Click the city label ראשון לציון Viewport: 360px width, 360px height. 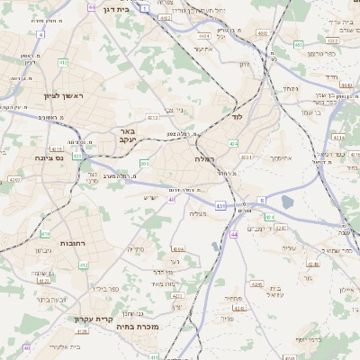pos(66,95)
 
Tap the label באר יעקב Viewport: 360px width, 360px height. pos(126,136)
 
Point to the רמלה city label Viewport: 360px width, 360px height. pos(204,157)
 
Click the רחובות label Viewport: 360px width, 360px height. pos(72,243)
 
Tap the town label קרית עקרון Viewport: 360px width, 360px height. pos(93,318)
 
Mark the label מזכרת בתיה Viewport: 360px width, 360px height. pos(138,327)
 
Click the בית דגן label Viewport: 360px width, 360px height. pos(136,8)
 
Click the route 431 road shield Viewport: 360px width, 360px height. pos(220,206)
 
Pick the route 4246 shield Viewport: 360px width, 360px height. pos(256,284)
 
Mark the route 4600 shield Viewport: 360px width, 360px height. pos(262,33)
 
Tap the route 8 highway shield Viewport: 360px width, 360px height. pos(261,200)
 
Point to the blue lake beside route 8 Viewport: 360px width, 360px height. pos(288,202)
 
